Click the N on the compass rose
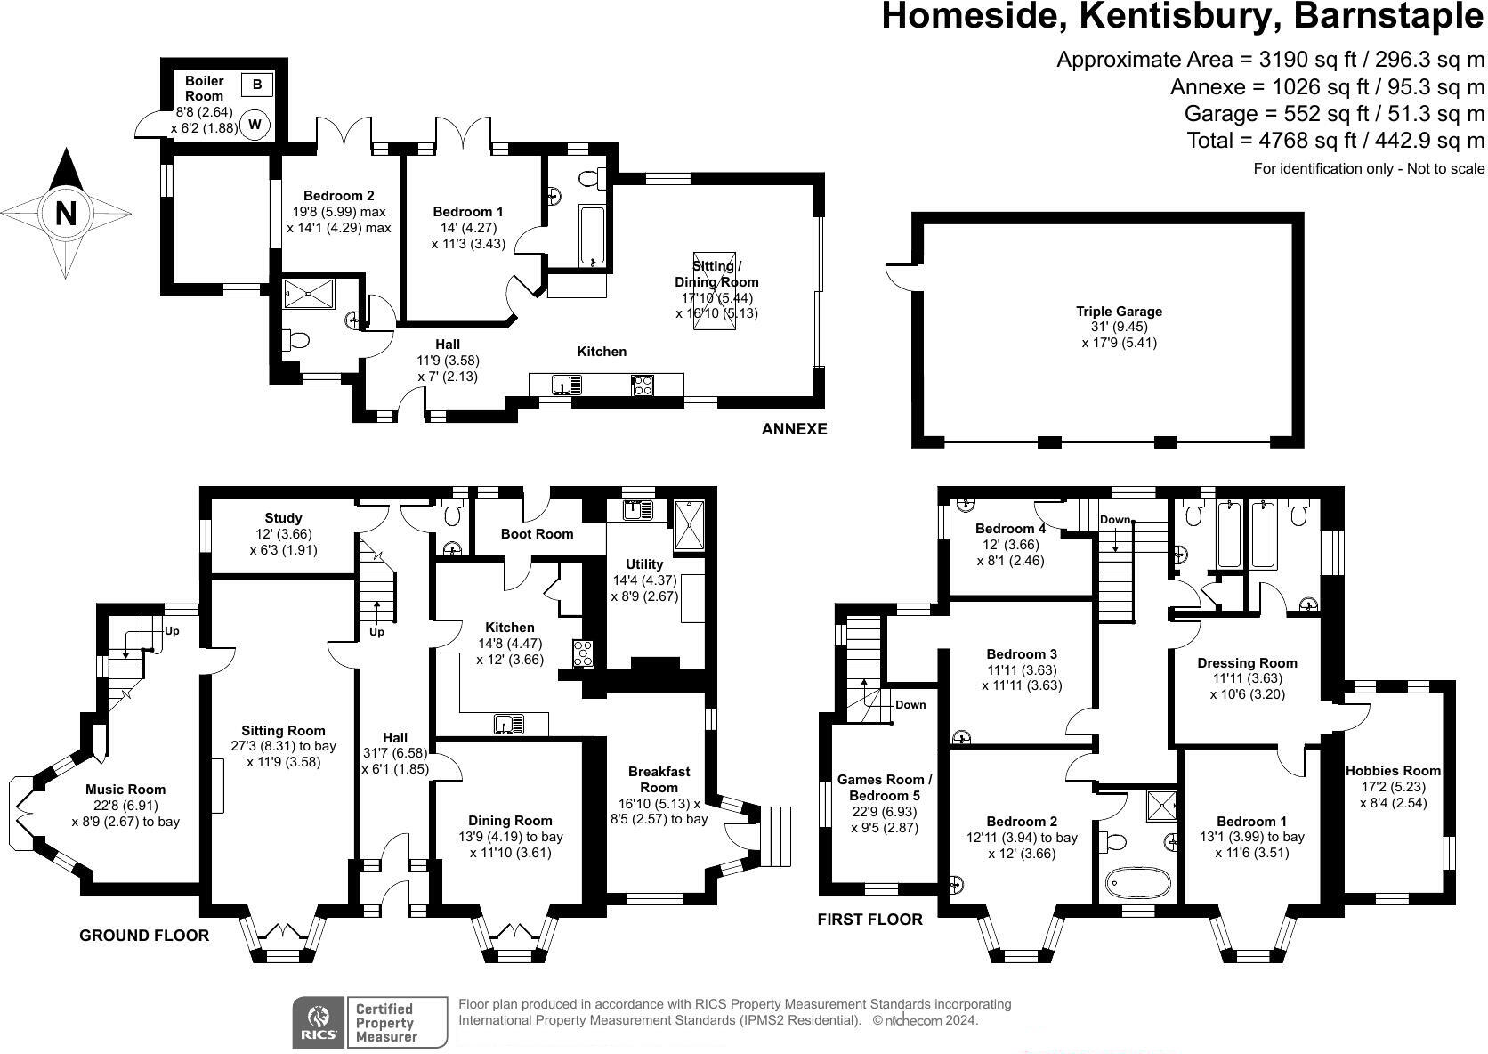click(x=66, y=214)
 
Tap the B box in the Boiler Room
click(x=257, y=85)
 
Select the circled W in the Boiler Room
click(x=255, y=125)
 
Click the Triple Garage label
click(x=1119, y=312)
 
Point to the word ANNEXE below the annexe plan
click(x=794, y=429)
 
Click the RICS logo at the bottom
click(x=319, y=1021)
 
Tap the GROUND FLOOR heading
click(x=144, y=935)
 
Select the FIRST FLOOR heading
click(x=869, y=920)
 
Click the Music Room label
click(x=125, y=790)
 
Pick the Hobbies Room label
click(x=1393, y=771)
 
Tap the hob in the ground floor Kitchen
click(x=583, y=653)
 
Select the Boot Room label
click(x=537, y=534)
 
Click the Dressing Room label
click(x=1247, y=663)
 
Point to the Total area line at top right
click(x=1335, y=140)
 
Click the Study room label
click(x=283, y=518)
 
